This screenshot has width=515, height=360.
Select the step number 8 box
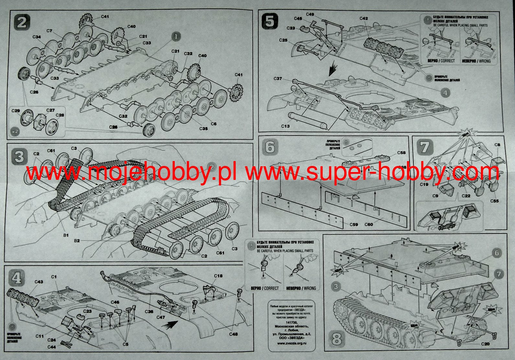pyautogui.click(x=337, y=339)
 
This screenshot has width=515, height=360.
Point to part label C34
pyautogui.click(x=37, y=37)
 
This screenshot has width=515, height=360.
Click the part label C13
pyautogui.click(x=285, y=126)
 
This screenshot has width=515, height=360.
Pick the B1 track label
pyautogui.click(x=66, y=235)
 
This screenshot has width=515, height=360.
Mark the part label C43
pyautogui.click(x=39, y=282)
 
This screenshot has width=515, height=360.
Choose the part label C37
pyautogui.click(x=278, y=79)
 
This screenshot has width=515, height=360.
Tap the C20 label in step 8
pyautogui.click(x=485, y=344)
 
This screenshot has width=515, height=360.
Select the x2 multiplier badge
pyautogui.click(x=14, y=132)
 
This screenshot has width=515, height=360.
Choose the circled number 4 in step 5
pyautogui.click(x=445, y=93)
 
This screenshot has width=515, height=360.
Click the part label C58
pyautogui.click(x=402, y=153)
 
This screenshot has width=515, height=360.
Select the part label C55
pyautogui.click(x=494, y=201)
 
